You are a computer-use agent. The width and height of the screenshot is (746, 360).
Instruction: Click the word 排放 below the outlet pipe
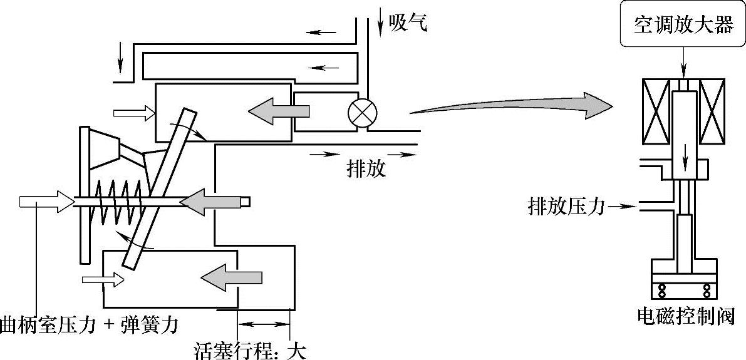pyautogui.click(x=366, y=168)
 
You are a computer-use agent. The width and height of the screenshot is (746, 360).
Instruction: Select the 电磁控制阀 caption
pyautogui.click(x=684, y=316)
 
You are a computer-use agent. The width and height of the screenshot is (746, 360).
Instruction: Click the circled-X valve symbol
pyautogui.click(x=361, y=113)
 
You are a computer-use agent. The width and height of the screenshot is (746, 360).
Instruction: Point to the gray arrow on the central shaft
pyautogui.click(x=213, y=201)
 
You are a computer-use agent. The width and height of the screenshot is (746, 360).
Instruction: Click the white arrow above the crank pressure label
pyautogui.click(x=46, y=202)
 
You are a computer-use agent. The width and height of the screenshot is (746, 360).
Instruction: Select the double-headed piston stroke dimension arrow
pyautogui.click(x=264, y=324)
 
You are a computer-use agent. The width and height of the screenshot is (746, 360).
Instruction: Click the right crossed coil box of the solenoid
pyautogui.click(x=712, y=111)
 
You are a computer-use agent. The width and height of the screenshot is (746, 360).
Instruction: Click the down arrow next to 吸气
pyautogui.click(x=381, y=24)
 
